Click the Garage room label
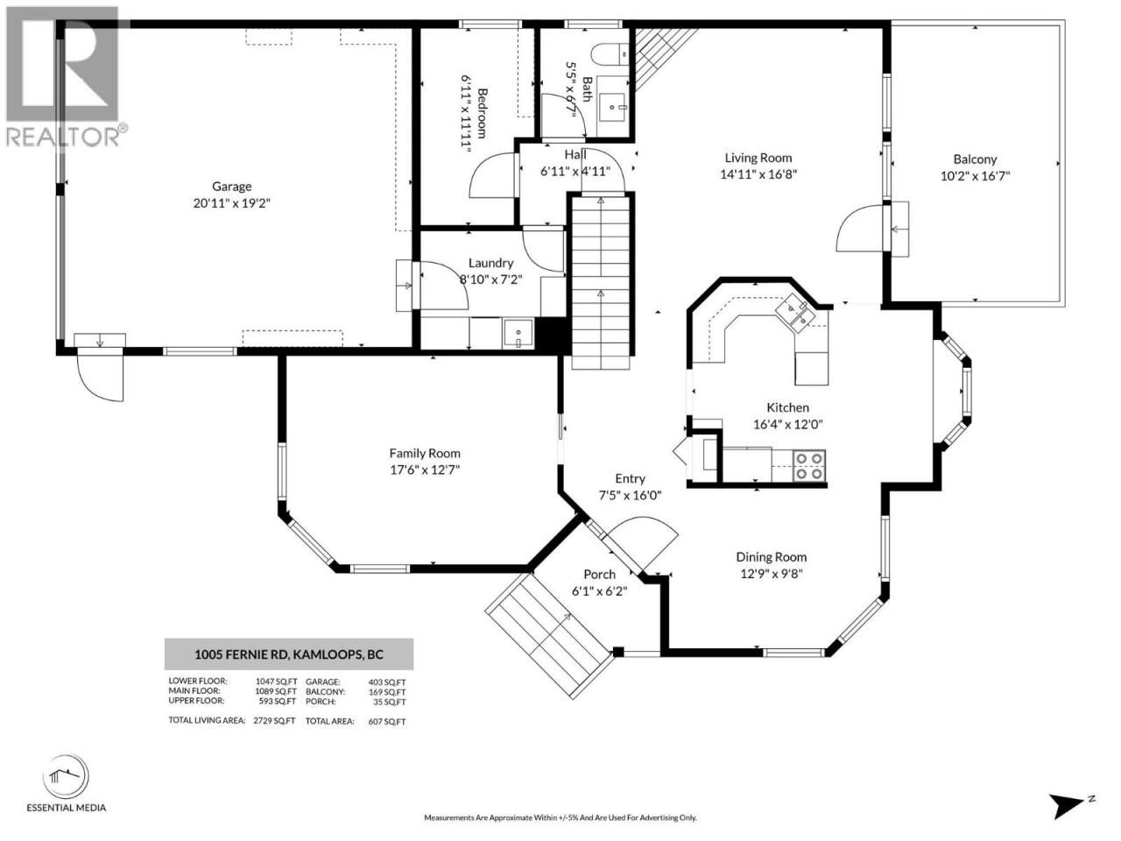click(x=232, y=187)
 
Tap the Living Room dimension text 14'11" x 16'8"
click(x=758, y=174)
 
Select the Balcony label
click(x=975, y=159)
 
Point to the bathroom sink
click(x=613, y=107)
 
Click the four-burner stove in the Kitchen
click(x=809, y=466)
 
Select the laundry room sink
click(x=518, y=334)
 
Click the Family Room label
click(x=425, y=454)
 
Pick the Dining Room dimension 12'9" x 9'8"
click(x=772, y=574)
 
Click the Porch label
click(x=600, y=575)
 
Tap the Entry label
click(x=630, y=478)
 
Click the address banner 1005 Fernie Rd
click(x=289, y=654)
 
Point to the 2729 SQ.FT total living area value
click(x=274, y=720)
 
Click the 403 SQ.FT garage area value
click(x=387, y=682)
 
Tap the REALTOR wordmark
click(x=63, y=136)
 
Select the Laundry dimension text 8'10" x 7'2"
click(x=490, y=279)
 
